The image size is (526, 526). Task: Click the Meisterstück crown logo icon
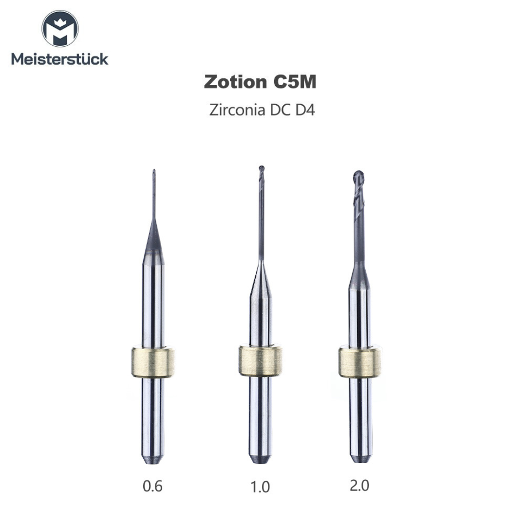[x=60, y=30]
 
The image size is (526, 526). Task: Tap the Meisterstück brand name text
[x=60, y=59]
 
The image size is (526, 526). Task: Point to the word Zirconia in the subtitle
[x=236, y=110]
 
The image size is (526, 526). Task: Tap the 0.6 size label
[x=153, y=486]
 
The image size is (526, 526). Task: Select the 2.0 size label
[x=359, y=486]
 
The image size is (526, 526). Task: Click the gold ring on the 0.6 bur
[x=153, y=363]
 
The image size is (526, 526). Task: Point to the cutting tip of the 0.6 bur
[x=154, y=175]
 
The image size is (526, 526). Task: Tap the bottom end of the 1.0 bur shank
[x=261, y=458]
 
